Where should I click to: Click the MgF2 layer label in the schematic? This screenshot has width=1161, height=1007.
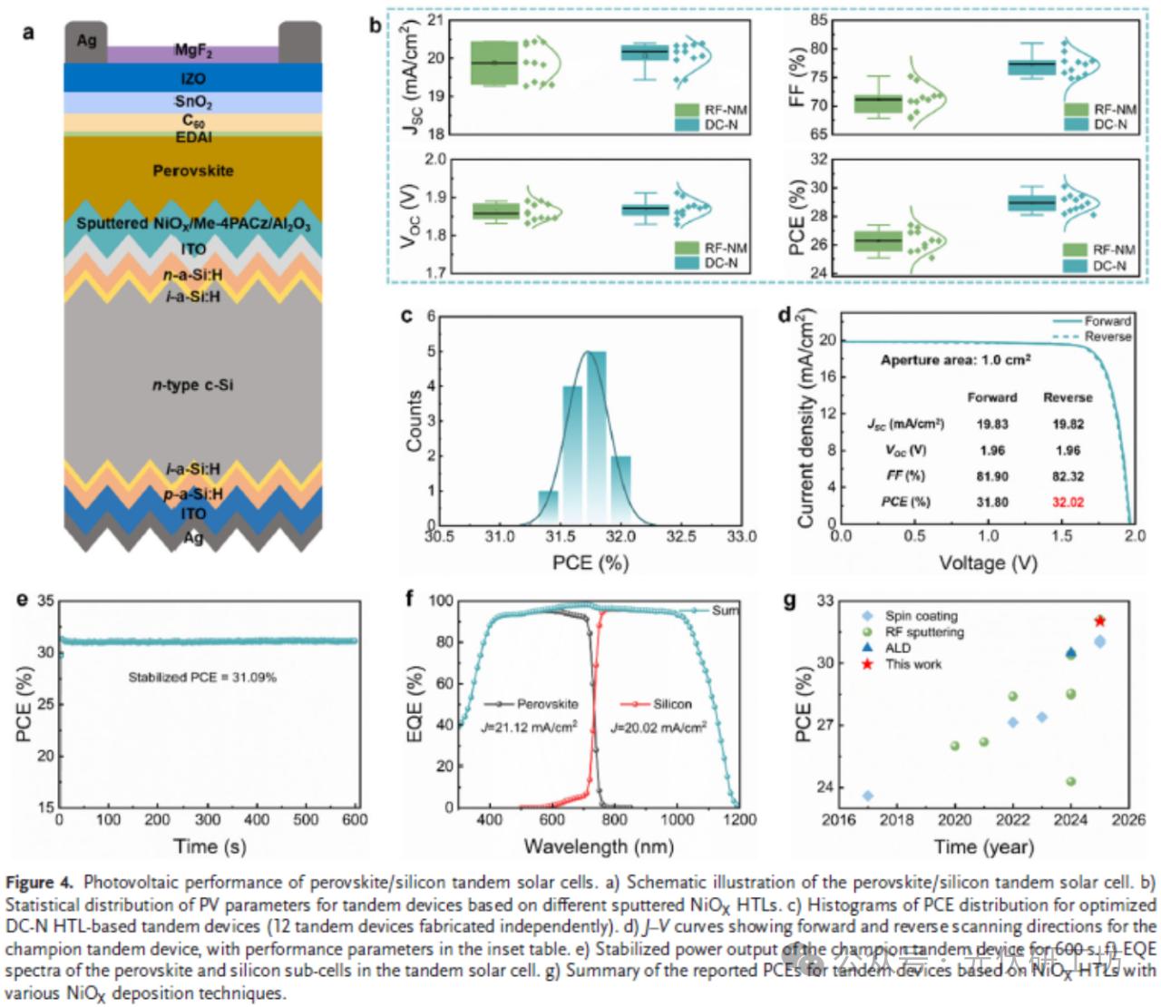click(193, 51)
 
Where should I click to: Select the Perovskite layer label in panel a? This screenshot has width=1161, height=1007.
click(193, 171)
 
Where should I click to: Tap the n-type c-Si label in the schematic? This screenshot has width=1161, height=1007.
click(192, 385)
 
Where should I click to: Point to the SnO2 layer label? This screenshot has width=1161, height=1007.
click(193, 102)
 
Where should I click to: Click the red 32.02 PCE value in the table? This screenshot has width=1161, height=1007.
click(1068, 502)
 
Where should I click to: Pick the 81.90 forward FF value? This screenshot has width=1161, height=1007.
click(992, 476)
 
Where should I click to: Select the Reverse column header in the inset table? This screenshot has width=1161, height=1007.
click(1068, 397)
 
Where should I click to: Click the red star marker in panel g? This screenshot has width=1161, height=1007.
click(1100, 621)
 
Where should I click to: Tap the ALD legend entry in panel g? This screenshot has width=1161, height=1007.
click(897, 648)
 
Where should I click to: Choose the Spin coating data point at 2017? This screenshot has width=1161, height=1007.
click(868, 796)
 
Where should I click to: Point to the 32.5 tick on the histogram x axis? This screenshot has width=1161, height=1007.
click(681, 537)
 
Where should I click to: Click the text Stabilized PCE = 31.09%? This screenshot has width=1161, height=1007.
click(202, 677)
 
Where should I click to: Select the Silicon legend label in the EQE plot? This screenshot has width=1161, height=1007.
click(672, 704)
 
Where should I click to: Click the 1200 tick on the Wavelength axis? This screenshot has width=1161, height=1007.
click(739, 820)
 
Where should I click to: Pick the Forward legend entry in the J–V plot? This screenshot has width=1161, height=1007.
click(1107, 321)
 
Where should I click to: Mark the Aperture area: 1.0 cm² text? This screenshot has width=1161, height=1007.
click(955, 360)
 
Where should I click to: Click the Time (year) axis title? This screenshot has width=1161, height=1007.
click(984, 846)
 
